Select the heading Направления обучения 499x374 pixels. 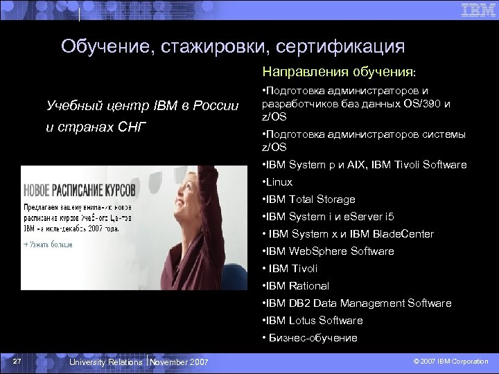point(338,71)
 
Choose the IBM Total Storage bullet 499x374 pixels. point(309,199)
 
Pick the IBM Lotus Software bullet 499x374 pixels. point(313,321)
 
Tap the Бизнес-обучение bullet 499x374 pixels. point(310,338)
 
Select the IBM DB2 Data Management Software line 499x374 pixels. point(357,303)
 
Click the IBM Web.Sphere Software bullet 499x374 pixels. point(329,251)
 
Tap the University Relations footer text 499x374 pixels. point(105,362)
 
